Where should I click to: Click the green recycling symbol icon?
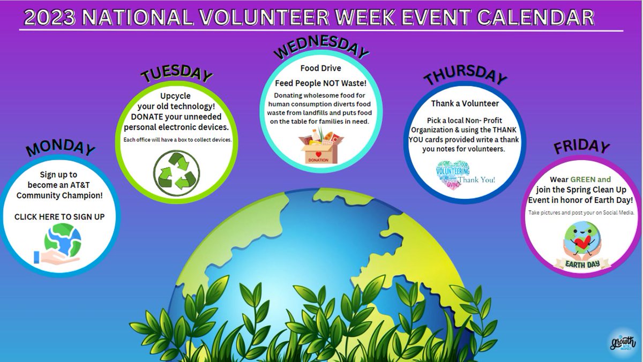176,171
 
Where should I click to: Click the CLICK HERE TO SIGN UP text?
59,217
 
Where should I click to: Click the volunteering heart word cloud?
453,174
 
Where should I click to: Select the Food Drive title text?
321,69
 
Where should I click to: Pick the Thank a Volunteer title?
465,103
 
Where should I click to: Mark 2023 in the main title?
49,17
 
